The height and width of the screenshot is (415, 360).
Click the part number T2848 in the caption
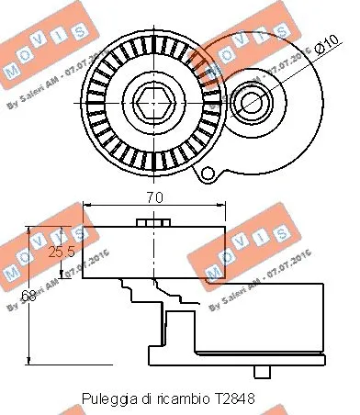[x=237, y=400]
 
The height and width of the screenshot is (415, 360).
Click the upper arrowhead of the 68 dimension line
[x=32, y=230]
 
